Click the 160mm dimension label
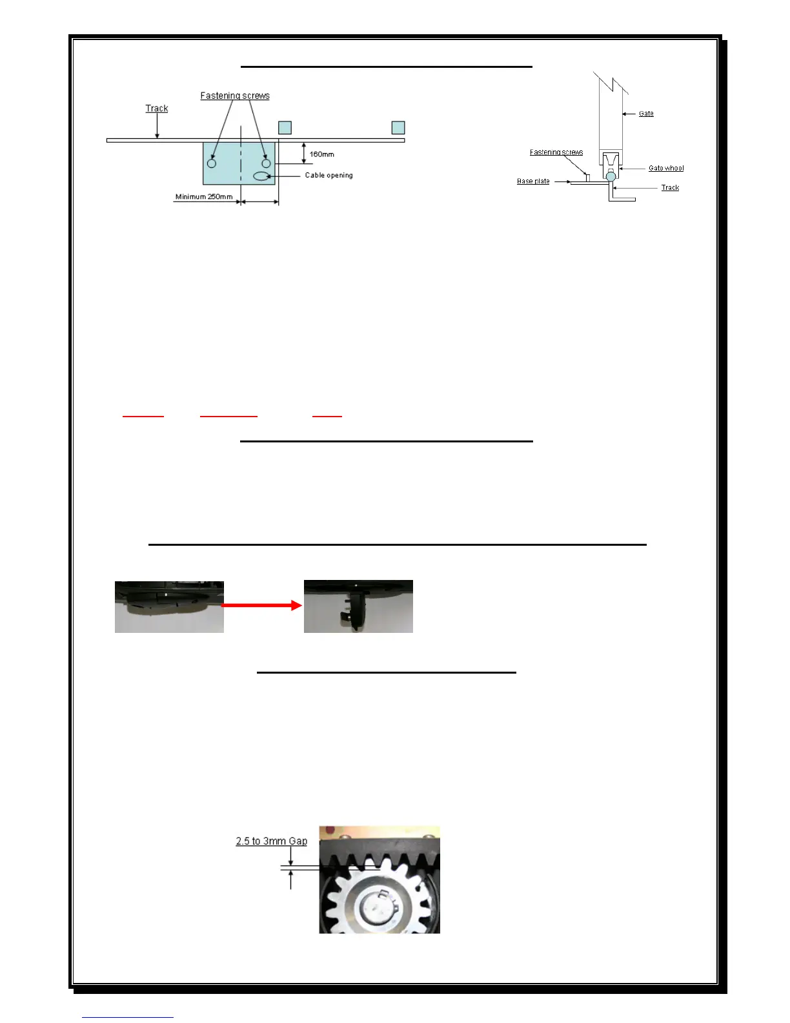[321, 154]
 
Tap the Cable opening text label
[329, 175]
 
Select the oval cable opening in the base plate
[261, 176]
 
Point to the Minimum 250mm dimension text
[204, 196]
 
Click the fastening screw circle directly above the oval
[266, 163]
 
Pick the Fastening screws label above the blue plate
[235, 96]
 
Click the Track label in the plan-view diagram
[157, 108]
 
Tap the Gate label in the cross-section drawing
[646, 114]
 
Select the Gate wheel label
[666, 168]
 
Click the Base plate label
[533, 181]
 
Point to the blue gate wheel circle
[611, 176]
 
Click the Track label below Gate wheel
[670, 188]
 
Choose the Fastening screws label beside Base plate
[556, 152]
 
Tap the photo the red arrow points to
[358, 606]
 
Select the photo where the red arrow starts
[169, 606]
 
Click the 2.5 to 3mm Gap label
[271, 841]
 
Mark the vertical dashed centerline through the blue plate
[241, 161]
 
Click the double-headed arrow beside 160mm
[304, 153]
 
